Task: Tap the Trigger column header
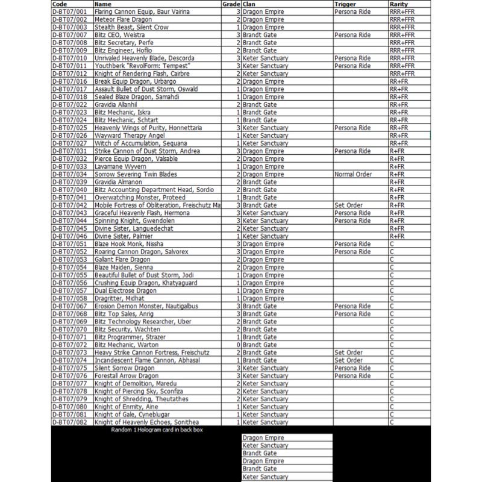pyautogui.click(x=344, y=4)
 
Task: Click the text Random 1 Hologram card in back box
pyautogui.click(x=150, y=431)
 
